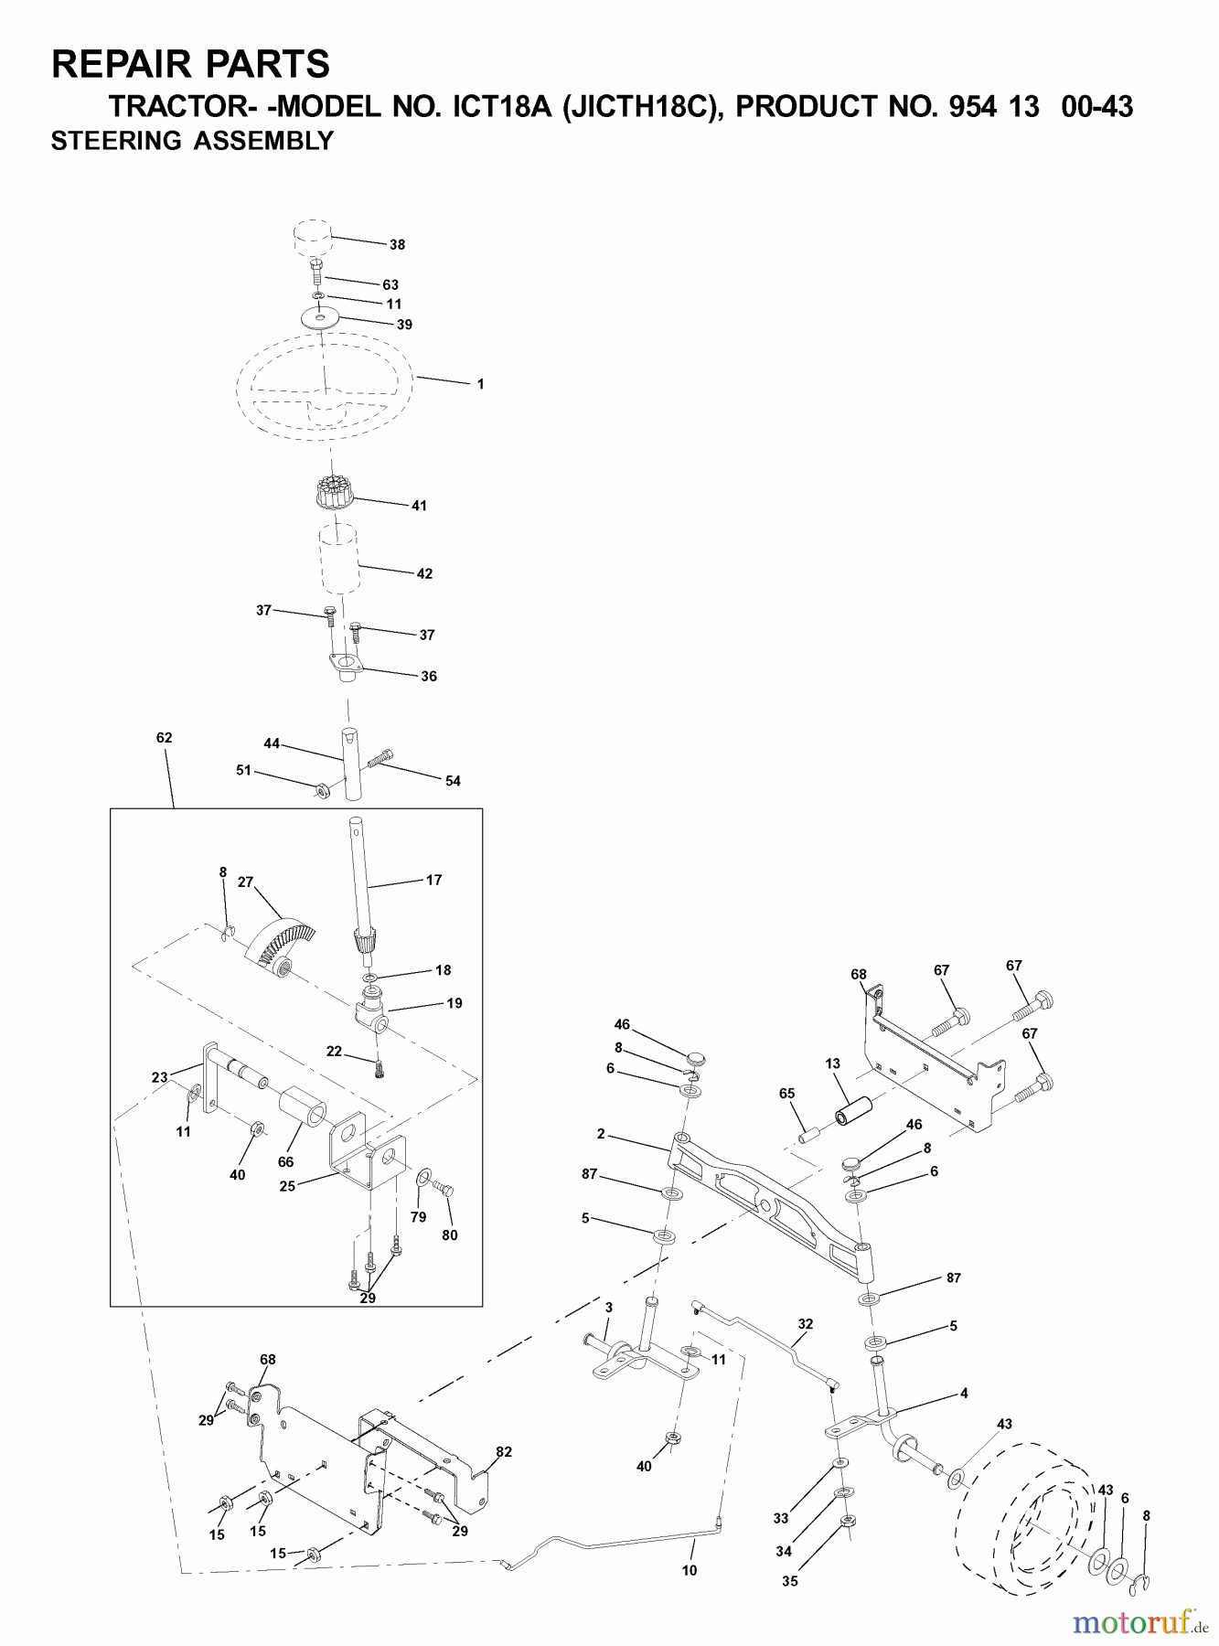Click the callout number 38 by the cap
[397, 245]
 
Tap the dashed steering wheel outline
[326, 387]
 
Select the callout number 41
[419, 505]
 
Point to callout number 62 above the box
[165, 737]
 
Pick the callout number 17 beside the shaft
[433, 880]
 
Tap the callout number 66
[286, 1161]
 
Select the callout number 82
[504, 1451]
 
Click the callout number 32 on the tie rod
[805, 1323]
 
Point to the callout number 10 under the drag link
[690, 1570]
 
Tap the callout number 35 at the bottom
[790, 1580]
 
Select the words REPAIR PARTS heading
[191, 64]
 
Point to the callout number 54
[453, 781]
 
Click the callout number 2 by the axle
[601, 1134]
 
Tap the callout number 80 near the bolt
[449, 1234]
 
